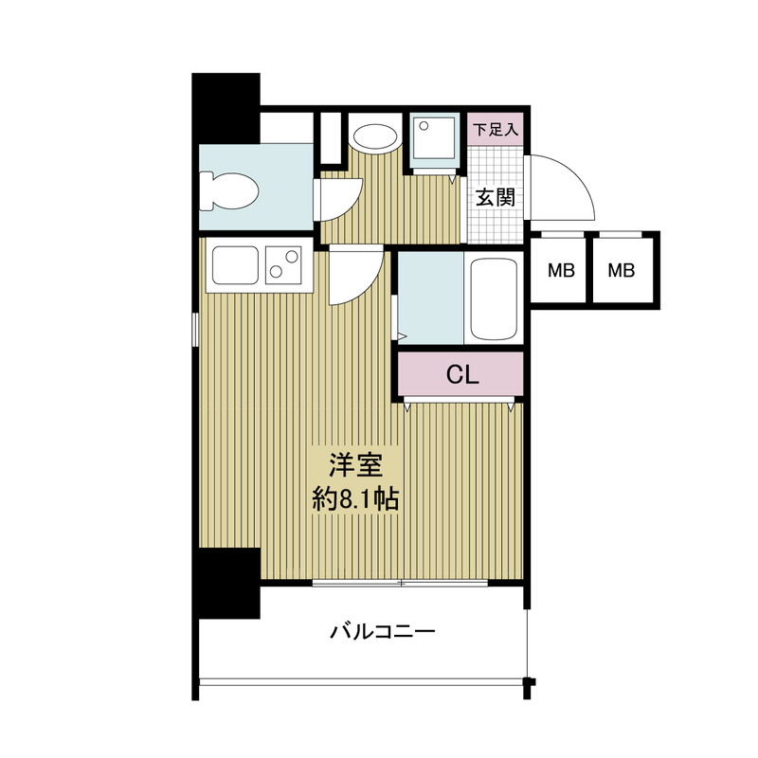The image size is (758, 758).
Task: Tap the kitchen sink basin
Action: point(236,264)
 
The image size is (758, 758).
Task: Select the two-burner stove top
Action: point(284,264)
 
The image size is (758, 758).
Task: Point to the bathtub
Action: point(493,298)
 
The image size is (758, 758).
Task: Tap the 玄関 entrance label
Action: point(495,198)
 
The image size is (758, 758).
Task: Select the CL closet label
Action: point(461,375)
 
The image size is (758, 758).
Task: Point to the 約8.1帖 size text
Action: point(355,498)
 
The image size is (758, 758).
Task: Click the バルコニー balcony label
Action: point(383,631)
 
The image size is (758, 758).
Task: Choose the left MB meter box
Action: point(562,271)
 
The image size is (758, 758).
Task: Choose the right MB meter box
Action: point(622,271)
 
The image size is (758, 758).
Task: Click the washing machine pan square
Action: point(435,141)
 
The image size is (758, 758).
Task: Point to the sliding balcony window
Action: point(402,583)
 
